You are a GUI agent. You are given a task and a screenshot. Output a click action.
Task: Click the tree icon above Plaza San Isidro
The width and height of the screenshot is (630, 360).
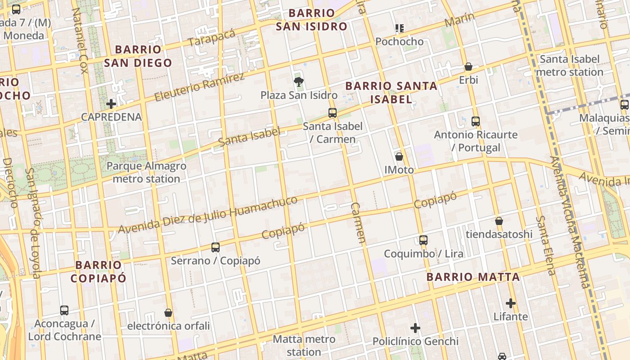tap(298, 81)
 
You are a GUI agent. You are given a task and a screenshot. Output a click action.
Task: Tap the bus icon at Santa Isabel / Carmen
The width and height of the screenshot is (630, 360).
tap(333, 113)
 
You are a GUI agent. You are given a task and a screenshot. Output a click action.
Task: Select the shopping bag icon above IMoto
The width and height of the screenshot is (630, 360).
tap(399, 157)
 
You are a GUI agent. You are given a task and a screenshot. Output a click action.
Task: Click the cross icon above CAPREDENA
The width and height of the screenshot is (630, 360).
tap(111, 104)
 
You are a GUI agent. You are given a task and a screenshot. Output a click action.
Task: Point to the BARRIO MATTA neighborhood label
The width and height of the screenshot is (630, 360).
tap(473, 277)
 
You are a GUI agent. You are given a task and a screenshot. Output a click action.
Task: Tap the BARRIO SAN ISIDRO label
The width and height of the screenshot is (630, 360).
tap(311, 20)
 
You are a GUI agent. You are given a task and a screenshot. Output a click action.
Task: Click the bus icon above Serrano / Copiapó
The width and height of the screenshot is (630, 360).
tap(216, 247)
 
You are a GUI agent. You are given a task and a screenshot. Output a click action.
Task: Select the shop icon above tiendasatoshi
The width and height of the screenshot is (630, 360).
tap(499, 221)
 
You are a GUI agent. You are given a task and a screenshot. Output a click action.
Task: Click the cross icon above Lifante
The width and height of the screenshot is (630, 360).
tap(511, 303)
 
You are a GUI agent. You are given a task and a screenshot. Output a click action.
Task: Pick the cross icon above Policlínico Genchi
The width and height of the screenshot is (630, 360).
tap(415, 328)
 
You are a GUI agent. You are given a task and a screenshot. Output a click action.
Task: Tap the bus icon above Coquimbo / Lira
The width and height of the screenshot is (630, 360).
tap(423, 240)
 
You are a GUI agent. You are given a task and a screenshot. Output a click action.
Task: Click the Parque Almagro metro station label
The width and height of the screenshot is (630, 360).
tap(146, 172)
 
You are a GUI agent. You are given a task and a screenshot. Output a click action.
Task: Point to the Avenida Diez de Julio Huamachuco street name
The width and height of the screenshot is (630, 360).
tap(207, 215)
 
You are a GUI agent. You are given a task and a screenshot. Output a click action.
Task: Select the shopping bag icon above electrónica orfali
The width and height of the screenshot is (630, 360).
tap(168, 312)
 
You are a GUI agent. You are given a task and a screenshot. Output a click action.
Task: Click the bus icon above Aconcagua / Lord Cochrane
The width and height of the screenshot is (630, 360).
tap(64, 310)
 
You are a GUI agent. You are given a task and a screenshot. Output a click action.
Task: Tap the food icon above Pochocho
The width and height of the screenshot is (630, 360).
tap(399, 28)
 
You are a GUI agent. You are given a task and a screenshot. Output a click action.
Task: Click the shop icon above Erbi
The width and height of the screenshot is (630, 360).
tap(468, 67)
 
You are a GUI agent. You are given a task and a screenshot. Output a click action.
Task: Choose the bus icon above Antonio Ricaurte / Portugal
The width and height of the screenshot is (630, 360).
tap(476, 121)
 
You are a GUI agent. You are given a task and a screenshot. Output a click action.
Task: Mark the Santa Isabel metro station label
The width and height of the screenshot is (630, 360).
tap(570, 65)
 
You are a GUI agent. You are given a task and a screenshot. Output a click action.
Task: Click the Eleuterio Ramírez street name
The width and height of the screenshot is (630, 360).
tap(199, 87)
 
